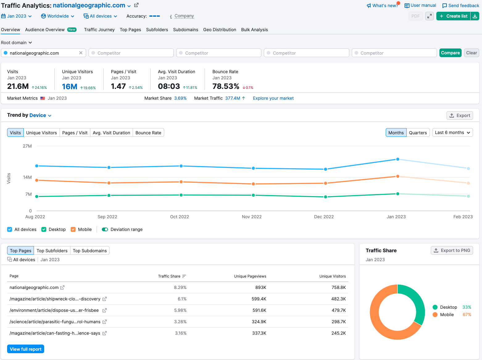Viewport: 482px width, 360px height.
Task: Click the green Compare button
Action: coord(450,53)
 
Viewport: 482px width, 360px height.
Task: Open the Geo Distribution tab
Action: coord(219,30)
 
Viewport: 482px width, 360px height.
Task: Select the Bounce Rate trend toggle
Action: coord(148,133)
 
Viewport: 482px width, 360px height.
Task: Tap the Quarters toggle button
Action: coord(418,133)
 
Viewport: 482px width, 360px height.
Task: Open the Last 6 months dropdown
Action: coord(452,133)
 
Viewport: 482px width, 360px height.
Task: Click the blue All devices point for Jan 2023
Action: coord(397,159)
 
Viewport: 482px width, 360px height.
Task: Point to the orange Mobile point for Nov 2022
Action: coord(253,184)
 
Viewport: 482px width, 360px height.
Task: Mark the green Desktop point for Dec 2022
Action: coord(326,197)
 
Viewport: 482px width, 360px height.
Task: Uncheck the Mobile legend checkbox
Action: coord(73,229)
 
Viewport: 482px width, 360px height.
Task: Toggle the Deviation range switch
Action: coord(105,229)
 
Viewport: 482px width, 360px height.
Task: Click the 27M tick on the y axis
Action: coord(27,146)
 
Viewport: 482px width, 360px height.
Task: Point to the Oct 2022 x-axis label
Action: coord(179,217)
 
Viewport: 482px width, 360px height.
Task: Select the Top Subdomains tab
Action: coord(89,251)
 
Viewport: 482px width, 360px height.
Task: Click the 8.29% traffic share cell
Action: coord(180,287)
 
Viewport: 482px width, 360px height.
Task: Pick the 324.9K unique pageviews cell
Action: coord(259,322)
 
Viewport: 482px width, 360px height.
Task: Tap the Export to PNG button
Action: coord(452,250)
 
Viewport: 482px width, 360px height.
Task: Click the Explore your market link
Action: coord(273,98)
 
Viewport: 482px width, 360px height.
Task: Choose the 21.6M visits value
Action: coord(18,86)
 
